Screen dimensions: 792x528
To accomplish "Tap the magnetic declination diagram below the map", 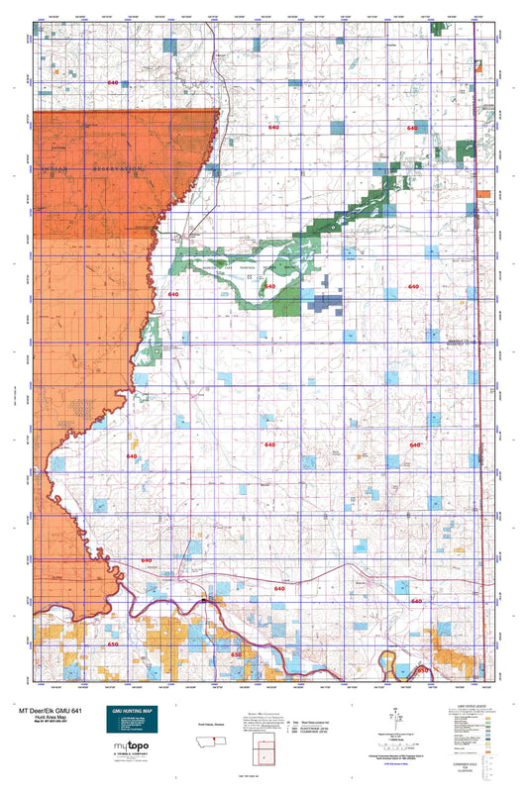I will click(397, 717).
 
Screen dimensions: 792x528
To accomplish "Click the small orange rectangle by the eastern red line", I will click(483, 194).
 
